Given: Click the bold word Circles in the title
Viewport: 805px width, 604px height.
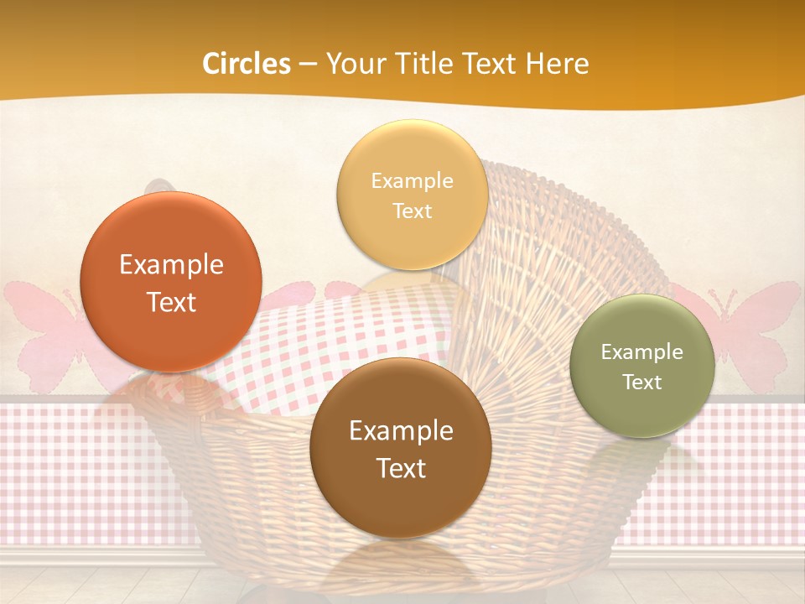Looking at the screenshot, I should point(247,64).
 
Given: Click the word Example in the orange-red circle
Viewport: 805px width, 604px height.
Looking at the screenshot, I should point(171,265).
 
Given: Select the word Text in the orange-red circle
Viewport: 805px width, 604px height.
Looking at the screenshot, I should point(171,302).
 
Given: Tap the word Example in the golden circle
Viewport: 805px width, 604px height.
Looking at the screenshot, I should point(412,181).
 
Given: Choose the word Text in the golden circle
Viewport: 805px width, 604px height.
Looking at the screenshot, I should point(412,211).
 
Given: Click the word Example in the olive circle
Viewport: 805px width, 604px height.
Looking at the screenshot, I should point(642,352).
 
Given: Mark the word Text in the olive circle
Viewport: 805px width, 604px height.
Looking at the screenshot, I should point(642,383).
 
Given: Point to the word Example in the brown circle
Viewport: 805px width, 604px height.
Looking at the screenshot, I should point(401,431).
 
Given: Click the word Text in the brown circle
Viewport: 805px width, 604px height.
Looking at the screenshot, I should point(401,468).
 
